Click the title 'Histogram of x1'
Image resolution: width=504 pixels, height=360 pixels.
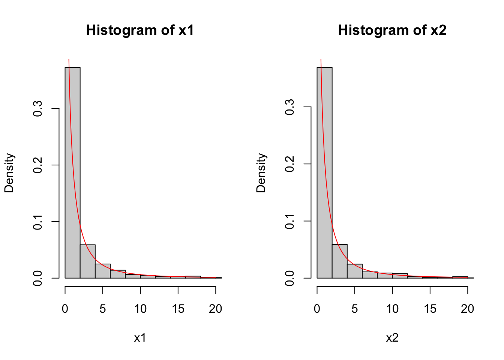(x=140, y=30)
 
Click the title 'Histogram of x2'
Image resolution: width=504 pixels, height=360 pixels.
(x=392, y=30)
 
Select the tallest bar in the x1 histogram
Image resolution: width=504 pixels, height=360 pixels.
(x=72, y=172)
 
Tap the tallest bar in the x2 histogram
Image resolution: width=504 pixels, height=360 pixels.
(x=324, y=172)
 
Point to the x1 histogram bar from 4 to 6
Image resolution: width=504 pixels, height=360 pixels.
(x=103, y=271)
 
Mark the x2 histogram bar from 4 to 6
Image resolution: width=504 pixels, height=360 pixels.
(x=355, y=271)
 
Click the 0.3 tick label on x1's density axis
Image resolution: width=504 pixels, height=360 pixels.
(x=38, y=109)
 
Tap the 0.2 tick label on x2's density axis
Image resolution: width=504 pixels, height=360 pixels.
(x=290, y=164)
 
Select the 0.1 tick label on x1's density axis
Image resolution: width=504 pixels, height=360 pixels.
(x=38, y=222)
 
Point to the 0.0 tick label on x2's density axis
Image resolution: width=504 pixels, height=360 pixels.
(x=290, y=278)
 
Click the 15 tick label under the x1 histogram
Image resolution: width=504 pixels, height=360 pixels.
(x=178, y=309)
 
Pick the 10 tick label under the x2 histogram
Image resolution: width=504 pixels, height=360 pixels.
(x=392, y=309)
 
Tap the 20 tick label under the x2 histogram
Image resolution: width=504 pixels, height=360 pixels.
(x=467, y=309)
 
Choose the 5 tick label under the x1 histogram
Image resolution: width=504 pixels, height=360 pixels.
(x=103, y=309)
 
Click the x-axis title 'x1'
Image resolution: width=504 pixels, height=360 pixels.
(x=140, y=338)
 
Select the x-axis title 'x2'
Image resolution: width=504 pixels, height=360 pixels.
(x=392, y=338)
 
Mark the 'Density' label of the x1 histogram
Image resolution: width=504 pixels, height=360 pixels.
(x=9, y=172)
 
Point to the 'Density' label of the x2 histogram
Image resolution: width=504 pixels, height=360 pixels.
(x=261, y=172)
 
